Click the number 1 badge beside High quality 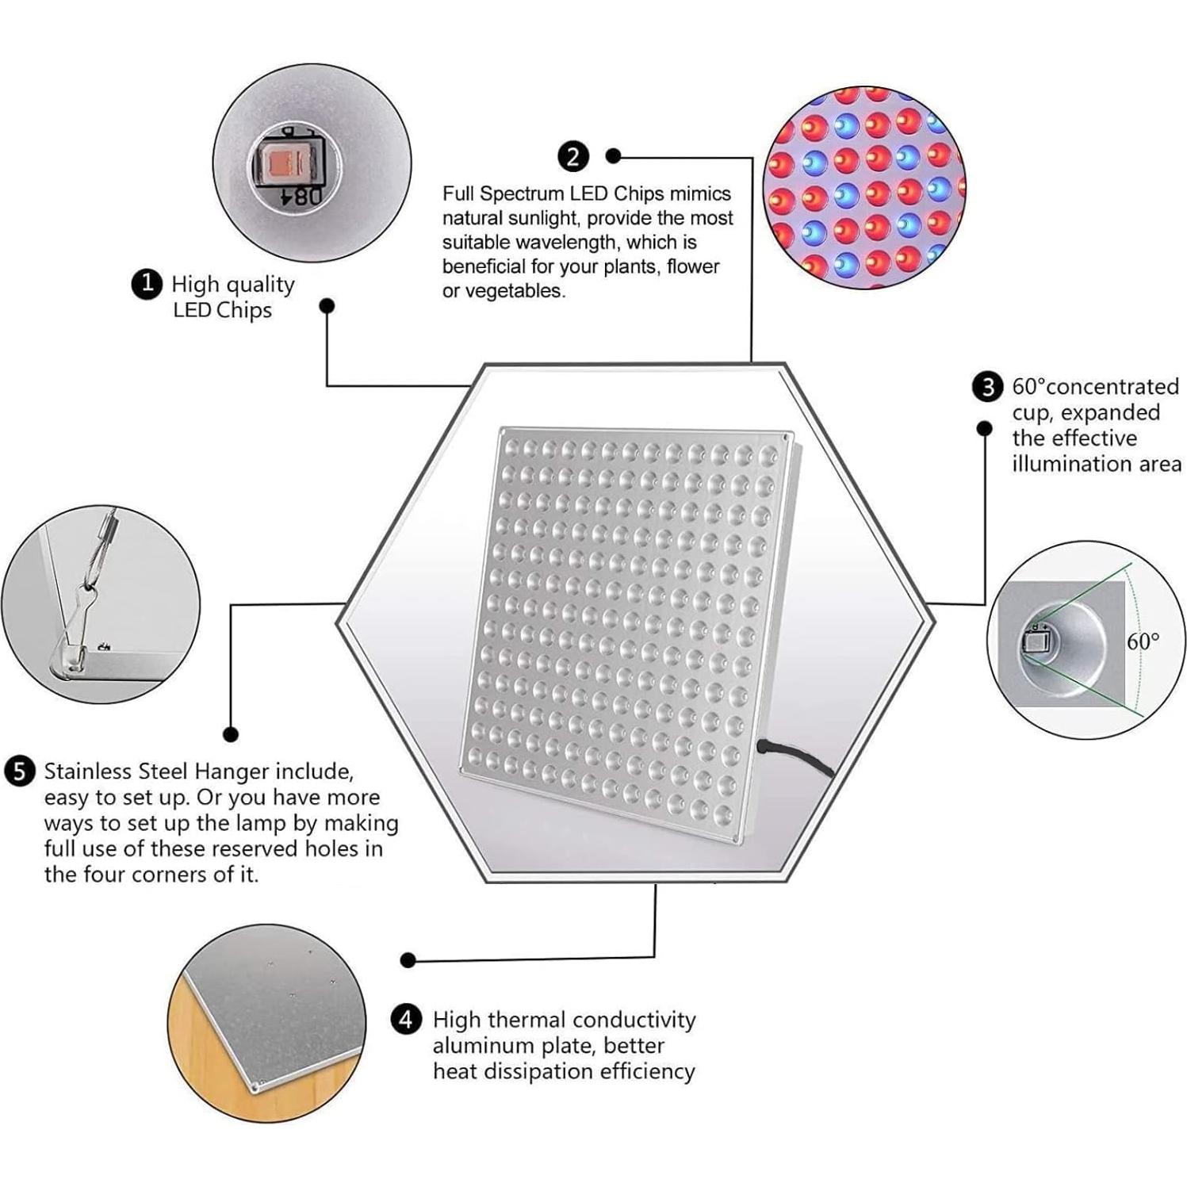click(x=147, y=283)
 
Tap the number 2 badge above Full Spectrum click(x=572, y=156)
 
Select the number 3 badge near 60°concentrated click(x=987, y=387)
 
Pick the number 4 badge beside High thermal click(x=406, y=1019)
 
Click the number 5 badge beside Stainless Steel click(x=19, y=772)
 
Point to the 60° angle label click(x=1143, y=641)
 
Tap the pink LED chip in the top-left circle click(x=283, y=165)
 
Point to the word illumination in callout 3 click(x=1063, y=464)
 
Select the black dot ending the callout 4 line click(x=408, y=960)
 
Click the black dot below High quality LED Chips click(x=327, y=306)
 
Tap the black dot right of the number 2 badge click(x=613, y=156)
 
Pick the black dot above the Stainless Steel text click(x=231, y=734)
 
